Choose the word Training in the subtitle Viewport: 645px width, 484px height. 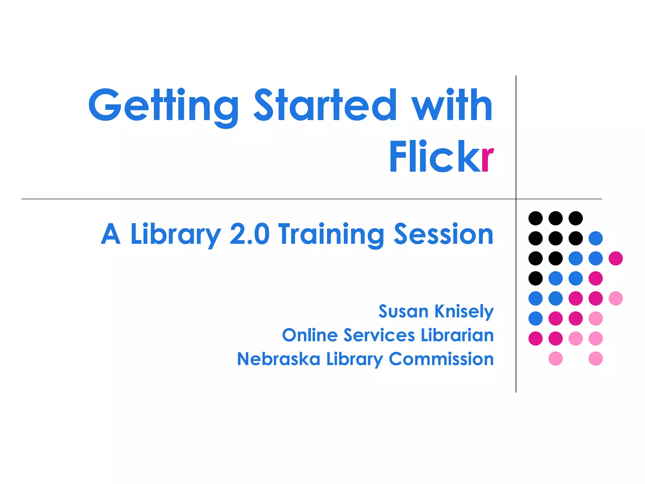tap(331, 235)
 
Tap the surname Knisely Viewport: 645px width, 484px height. tap(464, 312)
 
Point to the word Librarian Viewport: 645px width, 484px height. tap(457, 335)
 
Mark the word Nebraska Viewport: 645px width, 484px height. tap(278, 359)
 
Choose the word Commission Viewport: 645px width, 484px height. tap(441, 359)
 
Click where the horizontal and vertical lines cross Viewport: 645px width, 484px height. tap(516, 199)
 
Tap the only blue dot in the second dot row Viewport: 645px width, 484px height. tap(596, 238)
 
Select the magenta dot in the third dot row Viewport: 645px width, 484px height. tap(616, 258)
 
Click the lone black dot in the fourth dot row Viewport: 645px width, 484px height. tap(535, 278)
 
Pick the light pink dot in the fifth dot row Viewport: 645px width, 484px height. tap(616, 298)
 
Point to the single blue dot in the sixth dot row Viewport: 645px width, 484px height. tap(535, 318)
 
